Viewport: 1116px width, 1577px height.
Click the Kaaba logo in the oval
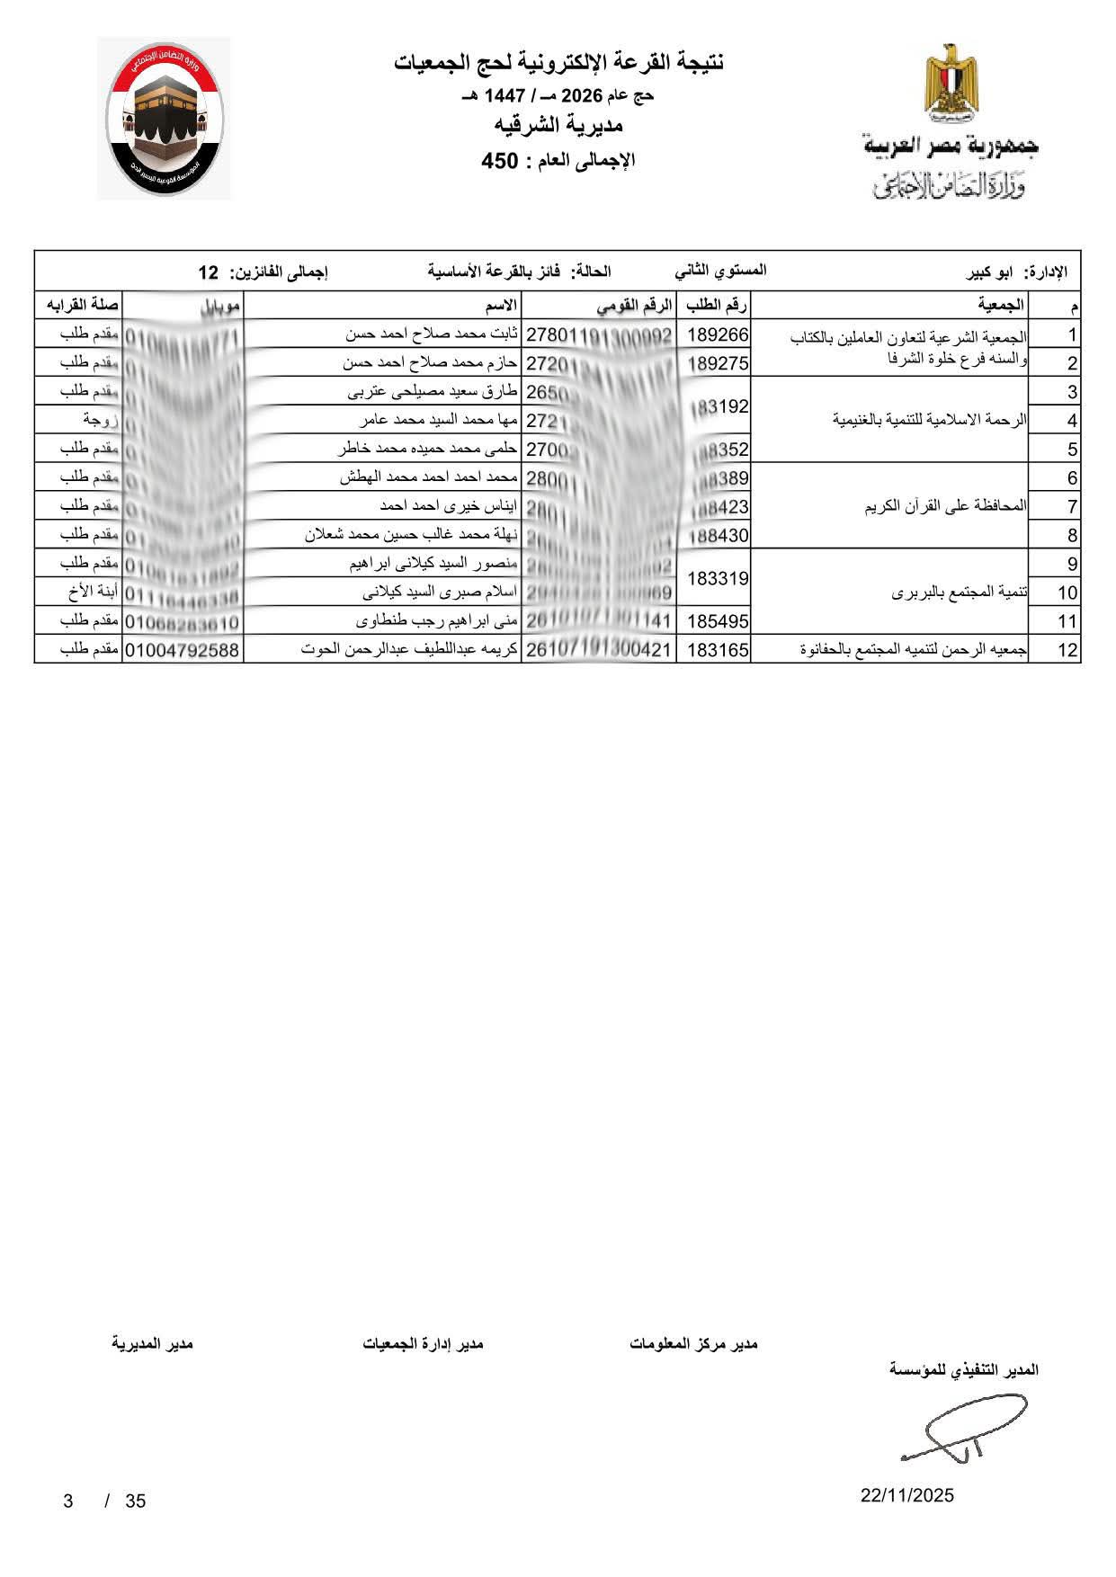(x=164, y=119)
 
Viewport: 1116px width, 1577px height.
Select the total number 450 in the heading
(x=500, y=162)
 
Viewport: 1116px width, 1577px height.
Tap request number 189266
(x=718, y=335)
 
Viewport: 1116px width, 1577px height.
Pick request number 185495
(x=718, y=621)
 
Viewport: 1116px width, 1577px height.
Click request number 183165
(x=718, y=650)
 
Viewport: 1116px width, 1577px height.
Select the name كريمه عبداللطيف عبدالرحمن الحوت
(x=409, y=650)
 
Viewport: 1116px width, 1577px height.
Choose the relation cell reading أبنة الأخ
(x=90, y=593)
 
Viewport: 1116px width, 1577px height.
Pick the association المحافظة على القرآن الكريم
(x=945, y=507)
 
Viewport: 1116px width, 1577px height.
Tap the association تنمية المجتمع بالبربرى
(x=960, y=593)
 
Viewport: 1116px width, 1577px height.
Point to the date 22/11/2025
(x=906, y=1496)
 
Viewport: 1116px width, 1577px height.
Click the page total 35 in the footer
(x=135, y=1501)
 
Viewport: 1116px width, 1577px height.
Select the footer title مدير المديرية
(x=152, y=1343)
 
